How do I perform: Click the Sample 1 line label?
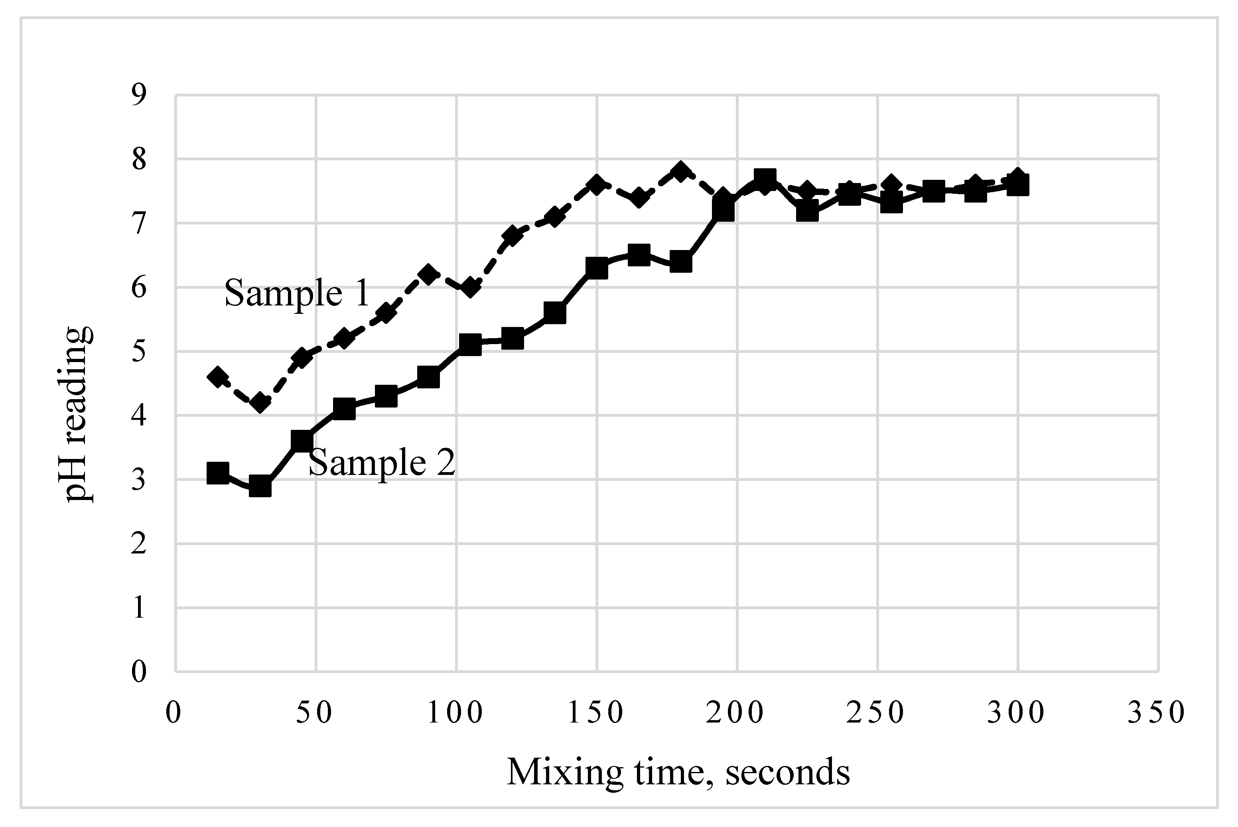[296, 293]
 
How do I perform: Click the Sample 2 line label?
[381, 463]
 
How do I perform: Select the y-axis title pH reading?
[78, 414]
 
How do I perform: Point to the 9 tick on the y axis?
[139, 95]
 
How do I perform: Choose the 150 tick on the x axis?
[596, 713]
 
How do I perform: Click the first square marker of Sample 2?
[218, 473]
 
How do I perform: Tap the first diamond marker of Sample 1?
[218, 376]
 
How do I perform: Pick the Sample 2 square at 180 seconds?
[681, 262]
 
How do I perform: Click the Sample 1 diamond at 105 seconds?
[470, 287]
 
